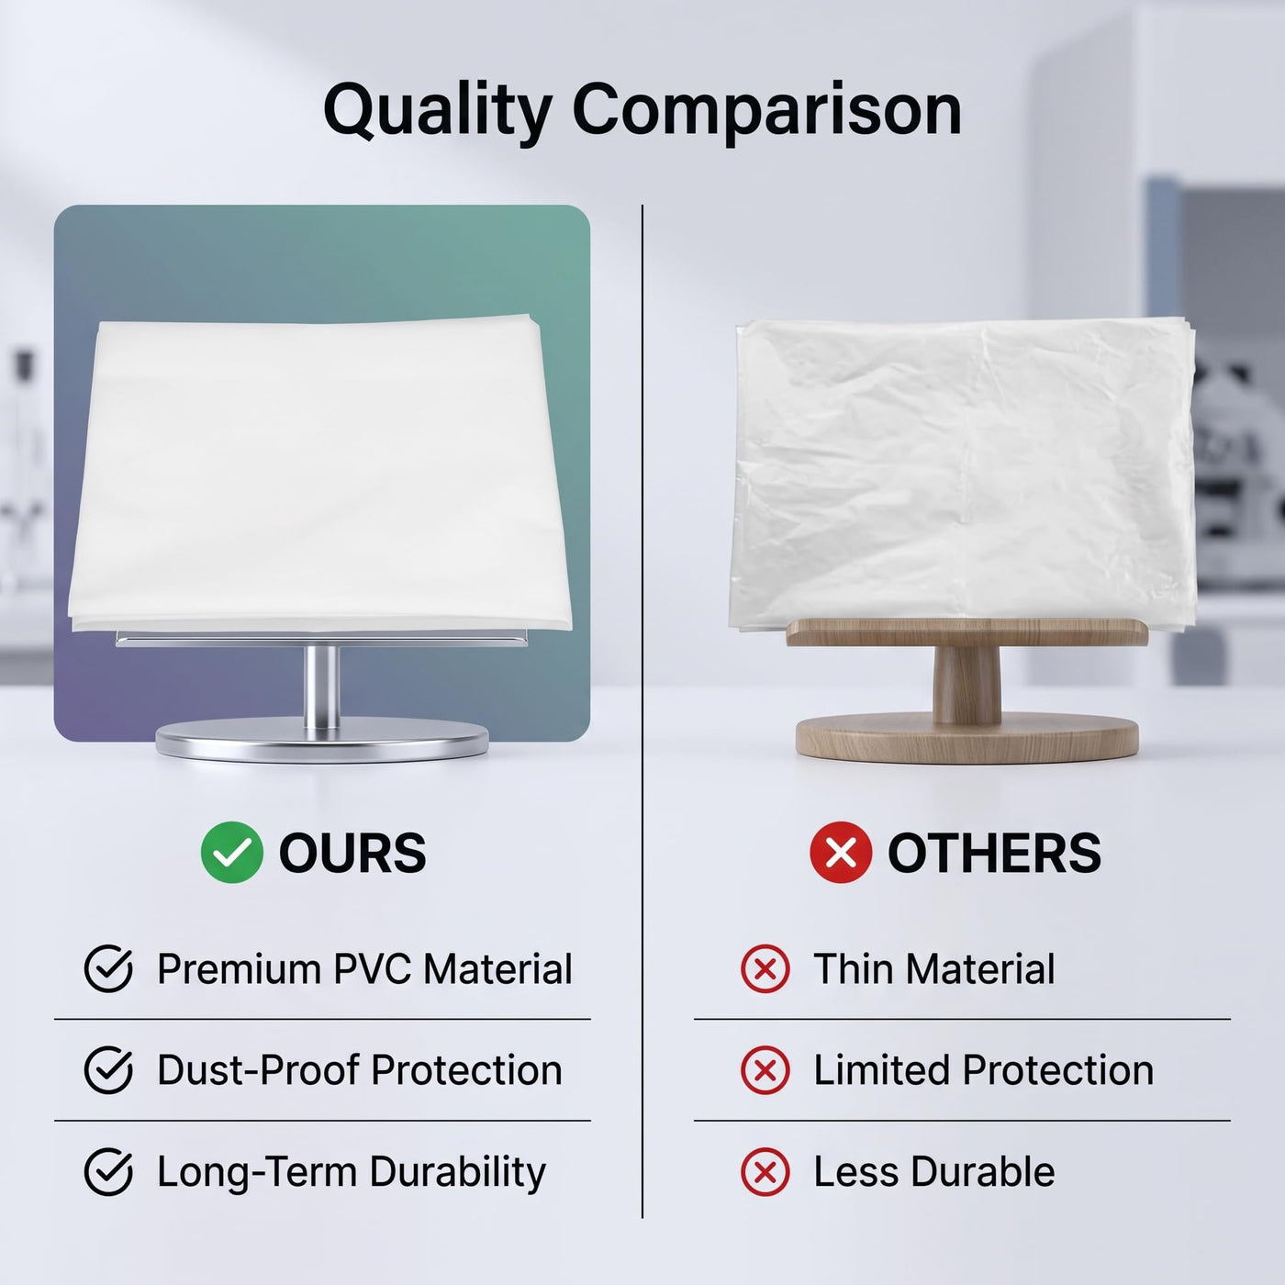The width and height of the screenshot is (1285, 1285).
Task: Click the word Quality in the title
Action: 437,112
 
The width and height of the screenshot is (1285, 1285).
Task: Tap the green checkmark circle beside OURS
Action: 231,852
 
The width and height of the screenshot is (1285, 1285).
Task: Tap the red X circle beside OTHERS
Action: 841,852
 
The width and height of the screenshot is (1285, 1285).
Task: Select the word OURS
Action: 352,853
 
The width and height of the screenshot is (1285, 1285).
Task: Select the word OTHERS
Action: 994,853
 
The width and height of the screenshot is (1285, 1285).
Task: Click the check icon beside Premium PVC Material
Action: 108,969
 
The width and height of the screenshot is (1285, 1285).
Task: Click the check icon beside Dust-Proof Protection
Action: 108,1070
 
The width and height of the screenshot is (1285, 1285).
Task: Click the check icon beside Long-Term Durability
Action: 108,1171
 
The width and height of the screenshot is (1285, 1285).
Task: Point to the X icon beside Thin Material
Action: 765,969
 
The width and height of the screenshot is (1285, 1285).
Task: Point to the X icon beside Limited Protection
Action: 765,1070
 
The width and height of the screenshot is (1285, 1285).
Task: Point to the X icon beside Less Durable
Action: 765,1171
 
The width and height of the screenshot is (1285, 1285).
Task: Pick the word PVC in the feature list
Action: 372,969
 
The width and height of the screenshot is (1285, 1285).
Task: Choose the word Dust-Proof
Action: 259,1070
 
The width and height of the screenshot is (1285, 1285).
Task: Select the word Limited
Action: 882,1070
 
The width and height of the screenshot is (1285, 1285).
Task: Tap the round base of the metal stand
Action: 322,740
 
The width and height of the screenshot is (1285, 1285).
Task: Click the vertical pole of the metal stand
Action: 321,687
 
